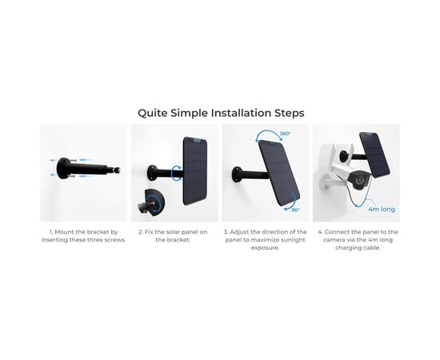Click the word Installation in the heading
coord(241,113)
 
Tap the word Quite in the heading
coord(153,114)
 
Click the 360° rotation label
coord(286,134)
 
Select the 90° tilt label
coord(295,210)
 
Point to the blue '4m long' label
coord(382,210)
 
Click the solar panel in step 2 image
coord(195,171)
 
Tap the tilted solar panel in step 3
coord(279,173)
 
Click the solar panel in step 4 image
coord(374,154)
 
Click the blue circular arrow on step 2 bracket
coord(177,172)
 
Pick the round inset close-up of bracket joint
coord(152,202)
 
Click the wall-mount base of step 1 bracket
coord(62,168)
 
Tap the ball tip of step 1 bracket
coord(117,170)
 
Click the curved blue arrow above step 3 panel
coord(270,135)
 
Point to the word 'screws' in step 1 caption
coord(114,240)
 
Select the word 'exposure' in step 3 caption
coord(265,248)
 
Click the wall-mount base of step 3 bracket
coord(237,174)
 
